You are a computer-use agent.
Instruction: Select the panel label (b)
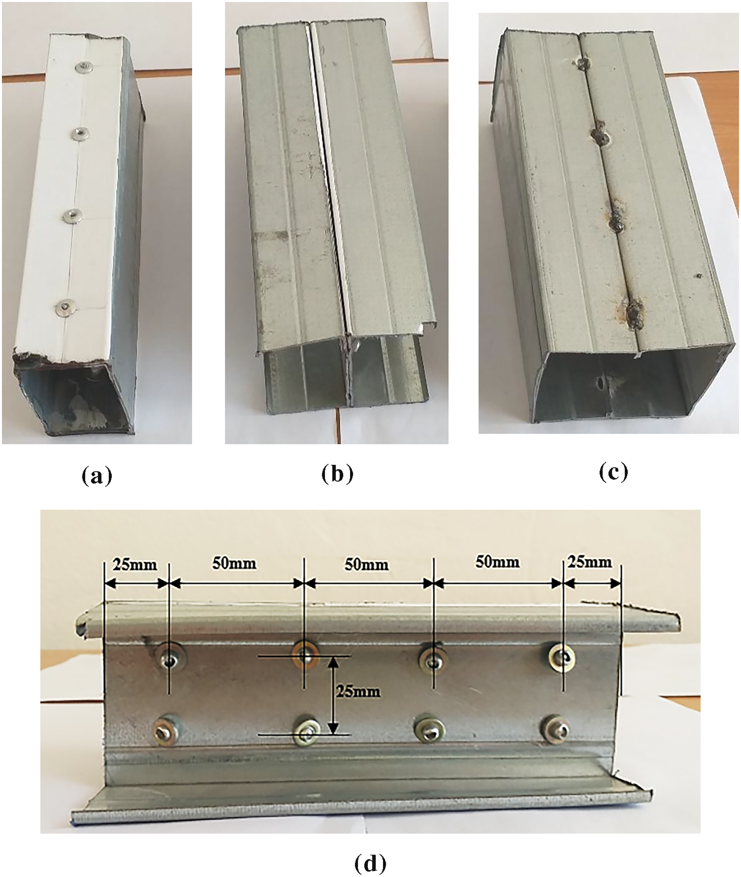(x=338, y=474)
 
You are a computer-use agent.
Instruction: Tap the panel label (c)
(x=613, y=472)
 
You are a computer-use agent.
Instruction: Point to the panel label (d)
(x=370, y=862)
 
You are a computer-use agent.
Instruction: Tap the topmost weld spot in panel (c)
(x=583, y=64)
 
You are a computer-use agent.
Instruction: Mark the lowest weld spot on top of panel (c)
(x=634, y=313)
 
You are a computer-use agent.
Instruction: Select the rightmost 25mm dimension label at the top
(x=590, y=562)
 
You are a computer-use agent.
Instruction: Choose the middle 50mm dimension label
(x=367, y=564)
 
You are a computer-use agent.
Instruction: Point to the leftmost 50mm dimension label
(x=234, y=563)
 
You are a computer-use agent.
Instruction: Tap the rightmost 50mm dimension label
(x=498, y=562)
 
